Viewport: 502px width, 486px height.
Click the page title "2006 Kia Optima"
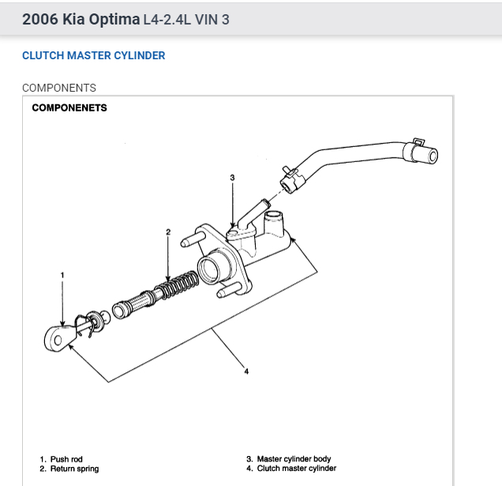click(x=81, y=19)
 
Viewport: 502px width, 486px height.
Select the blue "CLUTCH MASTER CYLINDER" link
click(x=94, y=56)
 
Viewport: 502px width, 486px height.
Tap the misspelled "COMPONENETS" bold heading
click(x=69, y=107)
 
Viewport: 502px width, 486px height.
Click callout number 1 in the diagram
click(x=62, y=275)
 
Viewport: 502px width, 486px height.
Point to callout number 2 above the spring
click(x=168, y=232)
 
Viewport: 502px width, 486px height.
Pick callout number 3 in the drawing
click(x=232, y=178)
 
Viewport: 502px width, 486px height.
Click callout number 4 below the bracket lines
click(x=246, y=371)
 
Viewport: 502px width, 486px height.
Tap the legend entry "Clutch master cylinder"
click(x=296, y=469)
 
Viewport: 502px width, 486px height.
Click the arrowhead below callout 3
click(x=232, y=226)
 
